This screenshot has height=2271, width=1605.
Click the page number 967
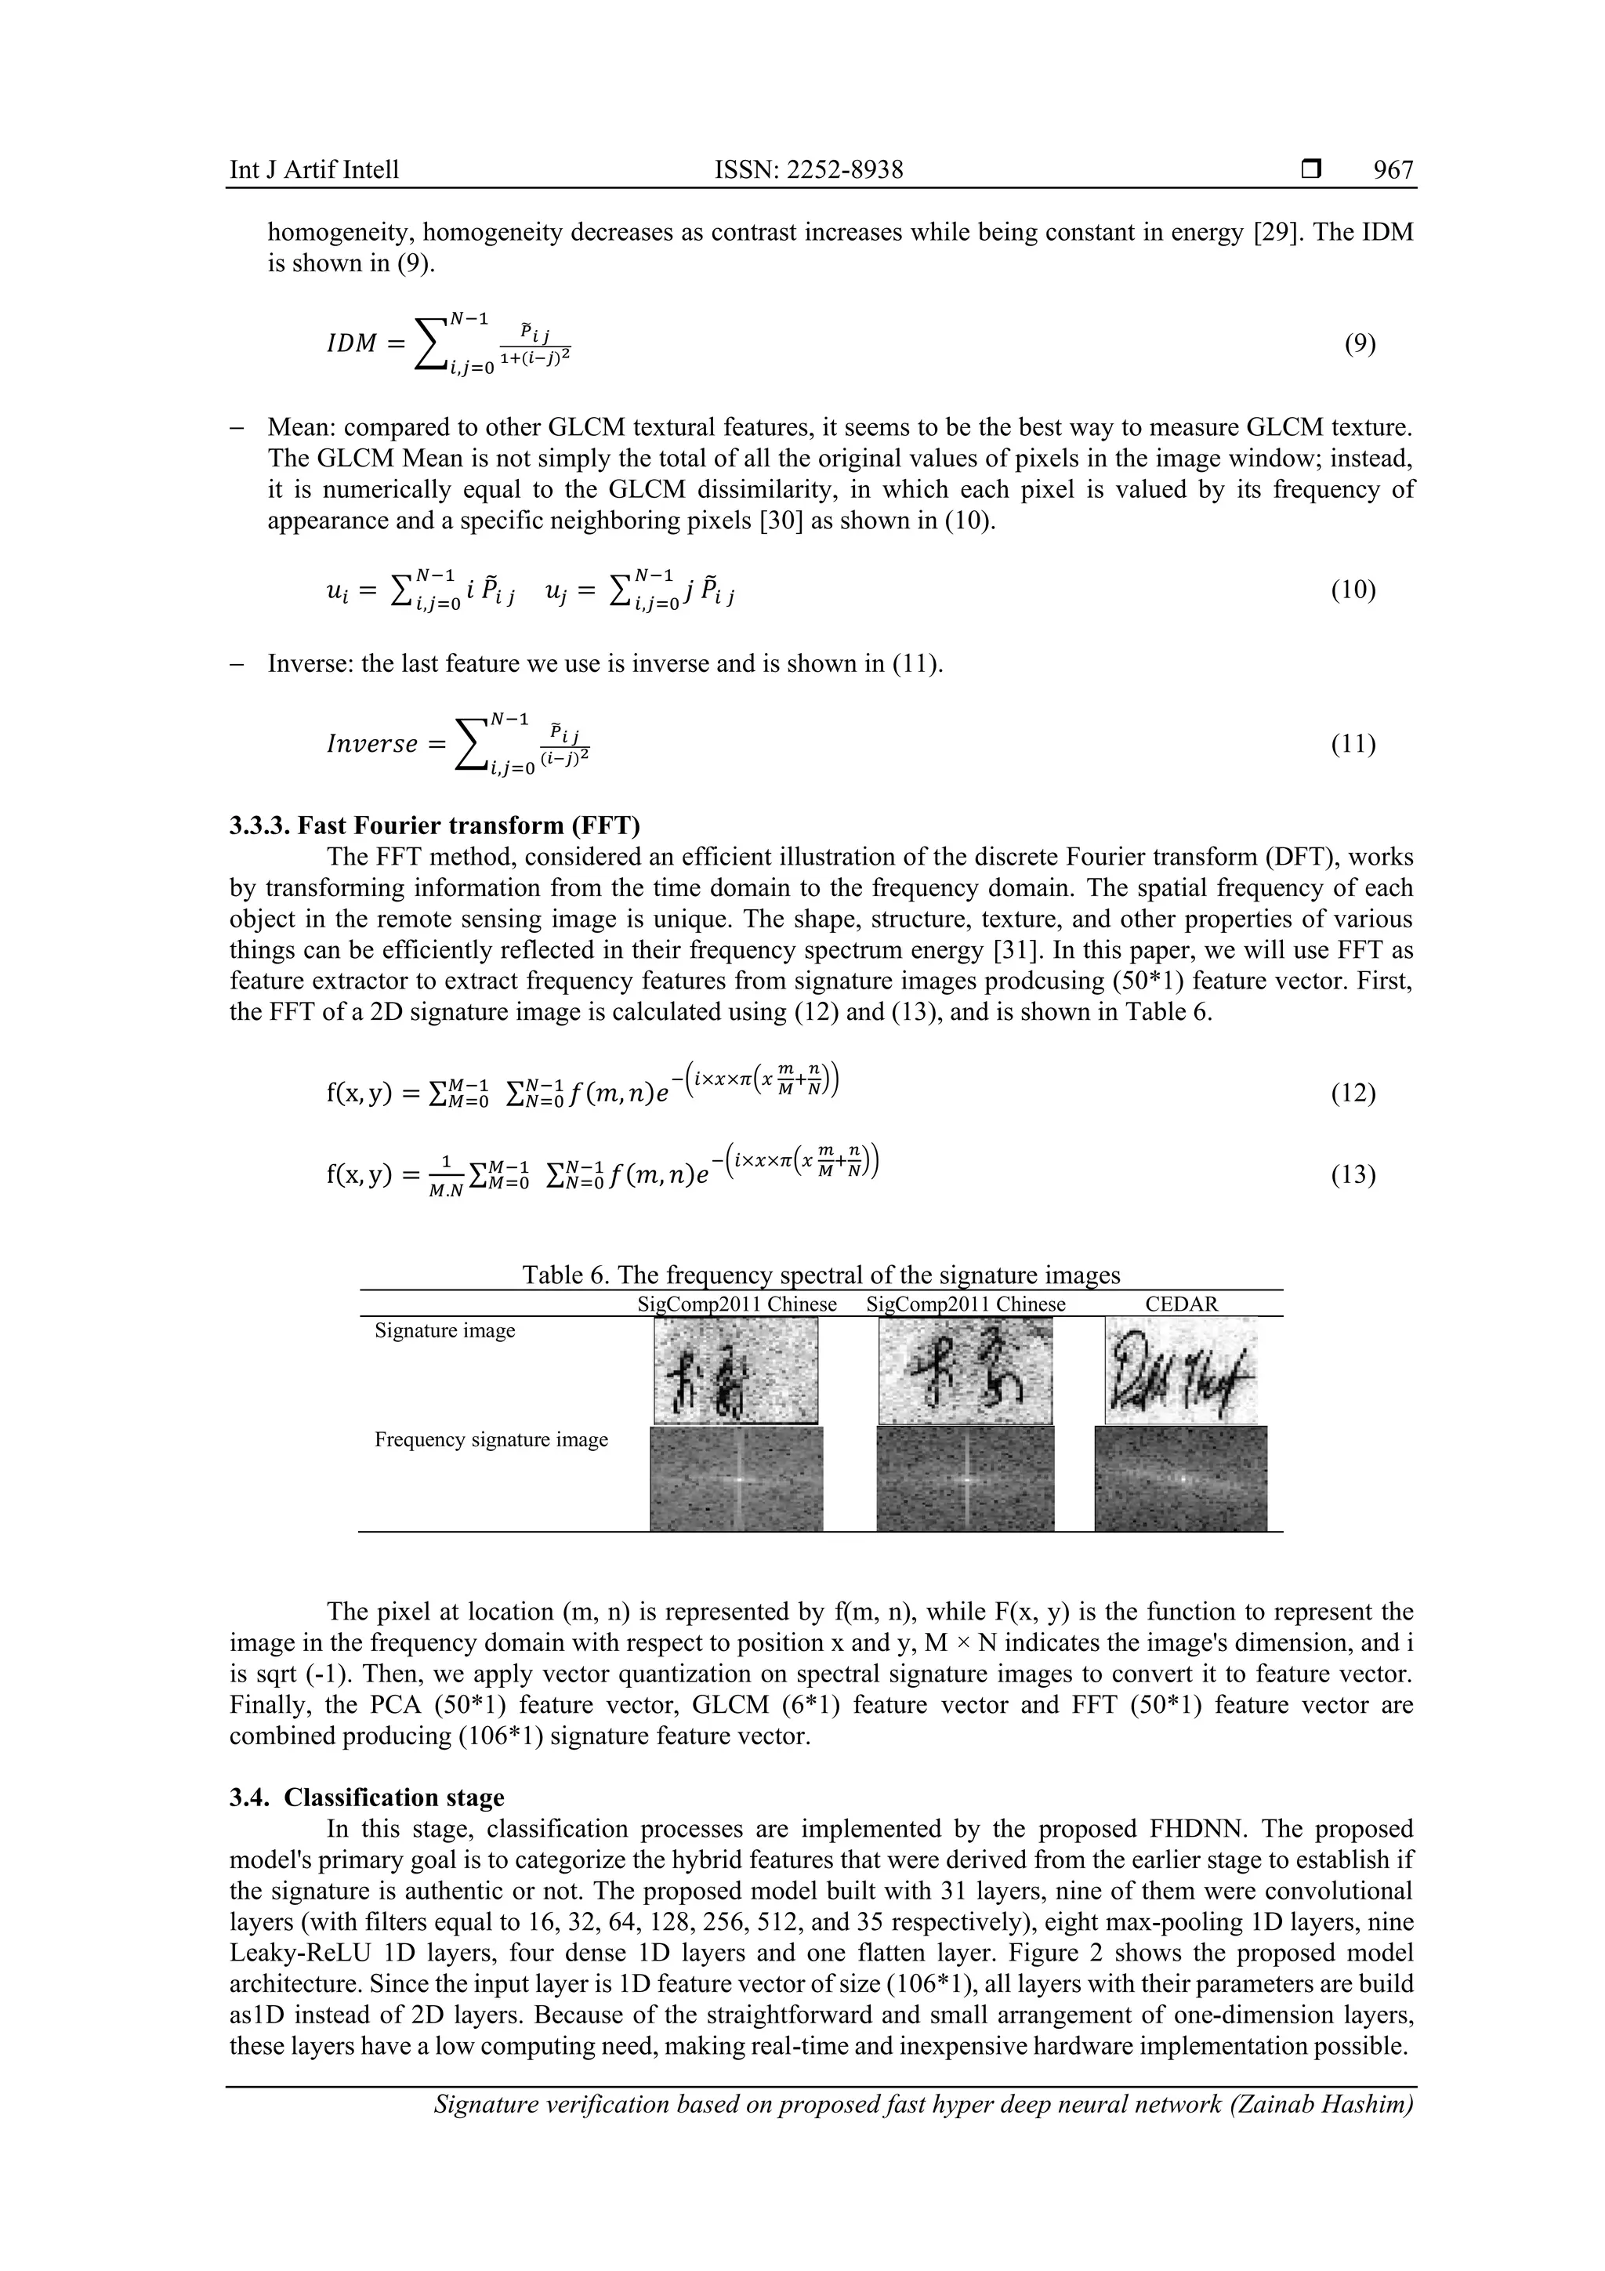click(1393, 170)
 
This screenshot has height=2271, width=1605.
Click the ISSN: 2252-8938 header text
click(808, 170)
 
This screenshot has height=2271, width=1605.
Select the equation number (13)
click(1353, 1175)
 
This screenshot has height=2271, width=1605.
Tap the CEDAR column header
click(1181, 1304)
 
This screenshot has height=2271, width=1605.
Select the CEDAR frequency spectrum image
click(1181, 1478)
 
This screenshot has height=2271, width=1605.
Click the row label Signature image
click(444, 1330)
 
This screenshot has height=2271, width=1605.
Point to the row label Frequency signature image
click(491, 1439)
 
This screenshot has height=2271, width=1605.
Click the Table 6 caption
click(821, 1275)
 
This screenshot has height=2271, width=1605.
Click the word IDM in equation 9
click(351, 344)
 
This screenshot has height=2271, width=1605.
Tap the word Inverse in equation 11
click(371, 744)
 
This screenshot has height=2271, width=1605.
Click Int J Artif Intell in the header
click(313, 170)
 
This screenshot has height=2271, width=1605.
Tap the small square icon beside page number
click(1311, 170)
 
